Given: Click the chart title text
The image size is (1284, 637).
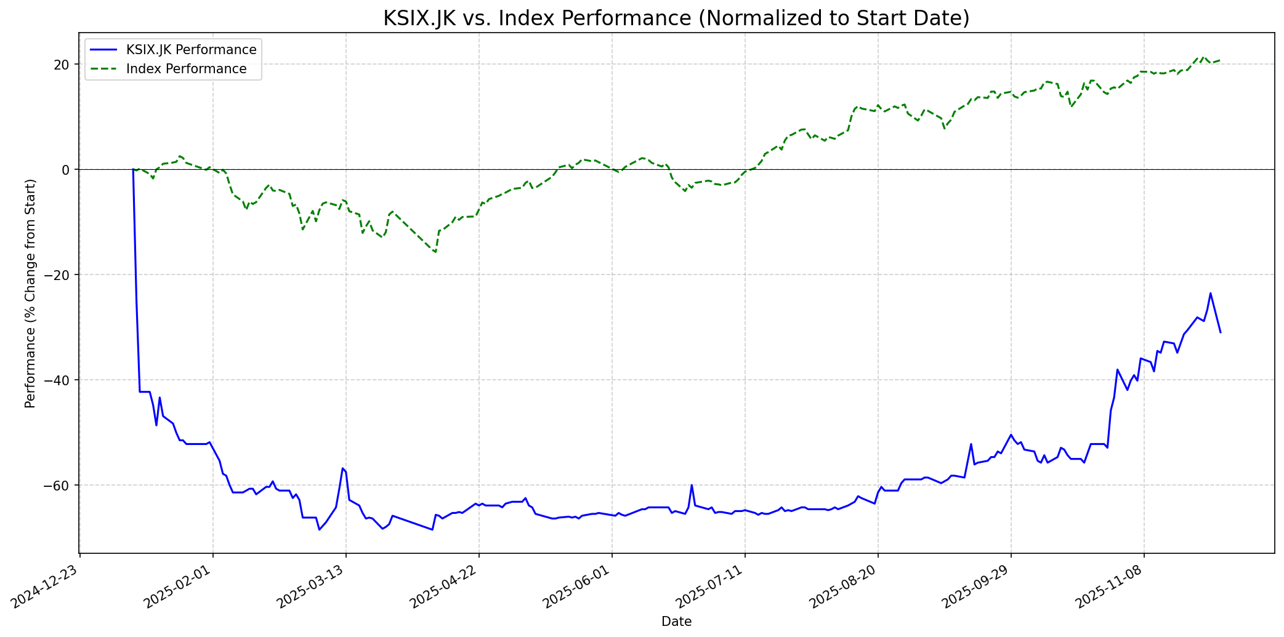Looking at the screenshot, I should pos(676,18).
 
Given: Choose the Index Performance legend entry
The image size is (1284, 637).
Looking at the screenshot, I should pos(186,69).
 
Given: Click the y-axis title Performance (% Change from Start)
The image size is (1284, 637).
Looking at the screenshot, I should pos(30,294).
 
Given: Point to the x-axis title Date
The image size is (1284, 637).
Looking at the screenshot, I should pos(676,622).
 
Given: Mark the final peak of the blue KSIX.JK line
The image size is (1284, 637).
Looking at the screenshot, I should pos(1210,293).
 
